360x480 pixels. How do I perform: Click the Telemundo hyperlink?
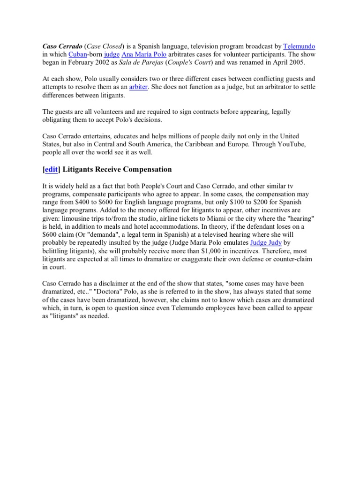tap(299, 46)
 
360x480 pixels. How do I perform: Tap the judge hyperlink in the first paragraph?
tap(112, 55)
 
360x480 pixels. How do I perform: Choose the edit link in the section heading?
tap(50, 169)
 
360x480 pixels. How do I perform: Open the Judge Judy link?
tap(267, 243)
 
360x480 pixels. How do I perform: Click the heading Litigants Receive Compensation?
tap(116, 169)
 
